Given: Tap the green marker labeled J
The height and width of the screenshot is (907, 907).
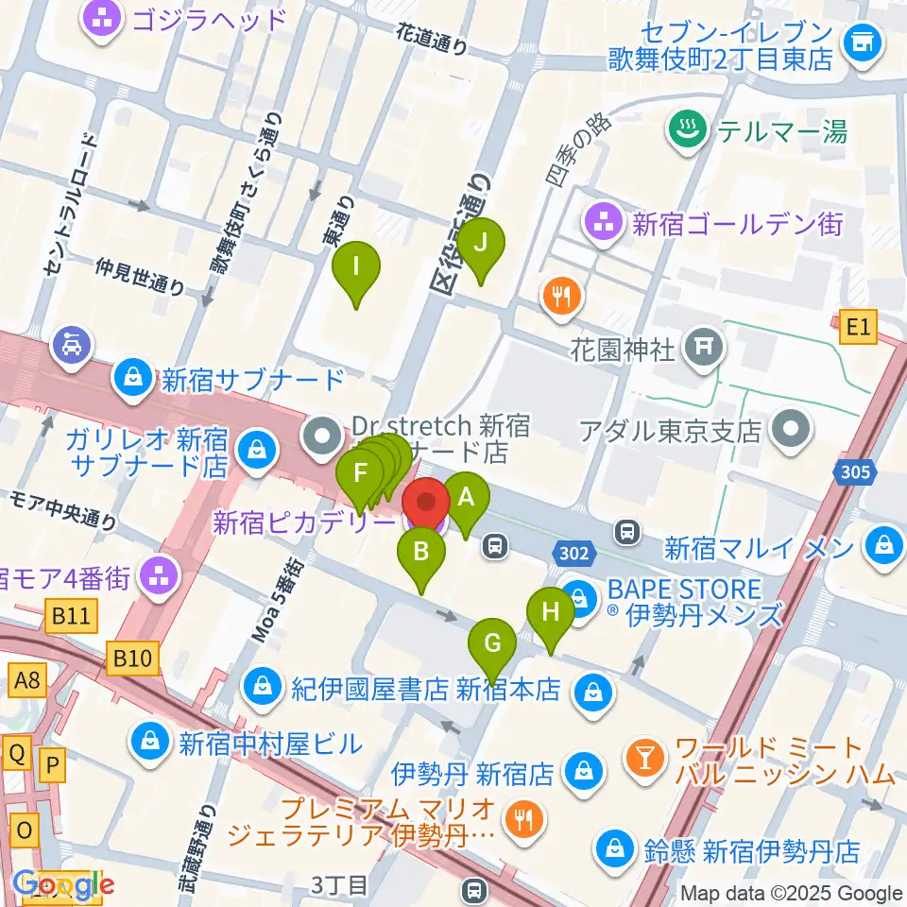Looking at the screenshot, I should (x=481, y=244).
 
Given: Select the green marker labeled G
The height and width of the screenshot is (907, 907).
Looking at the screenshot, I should (x=492, y=644).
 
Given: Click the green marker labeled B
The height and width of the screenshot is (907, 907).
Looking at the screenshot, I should (x=422, y=553).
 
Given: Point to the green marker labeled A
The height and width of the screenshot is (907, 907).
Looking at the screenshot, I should (x=465, y=497).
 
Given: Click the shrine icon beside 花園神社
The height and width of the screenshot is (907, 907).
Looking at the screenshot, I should (x=703, y=350).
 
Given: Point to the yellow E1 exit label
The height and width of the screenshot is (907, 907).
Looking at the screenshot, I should (x=856, y=328).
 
